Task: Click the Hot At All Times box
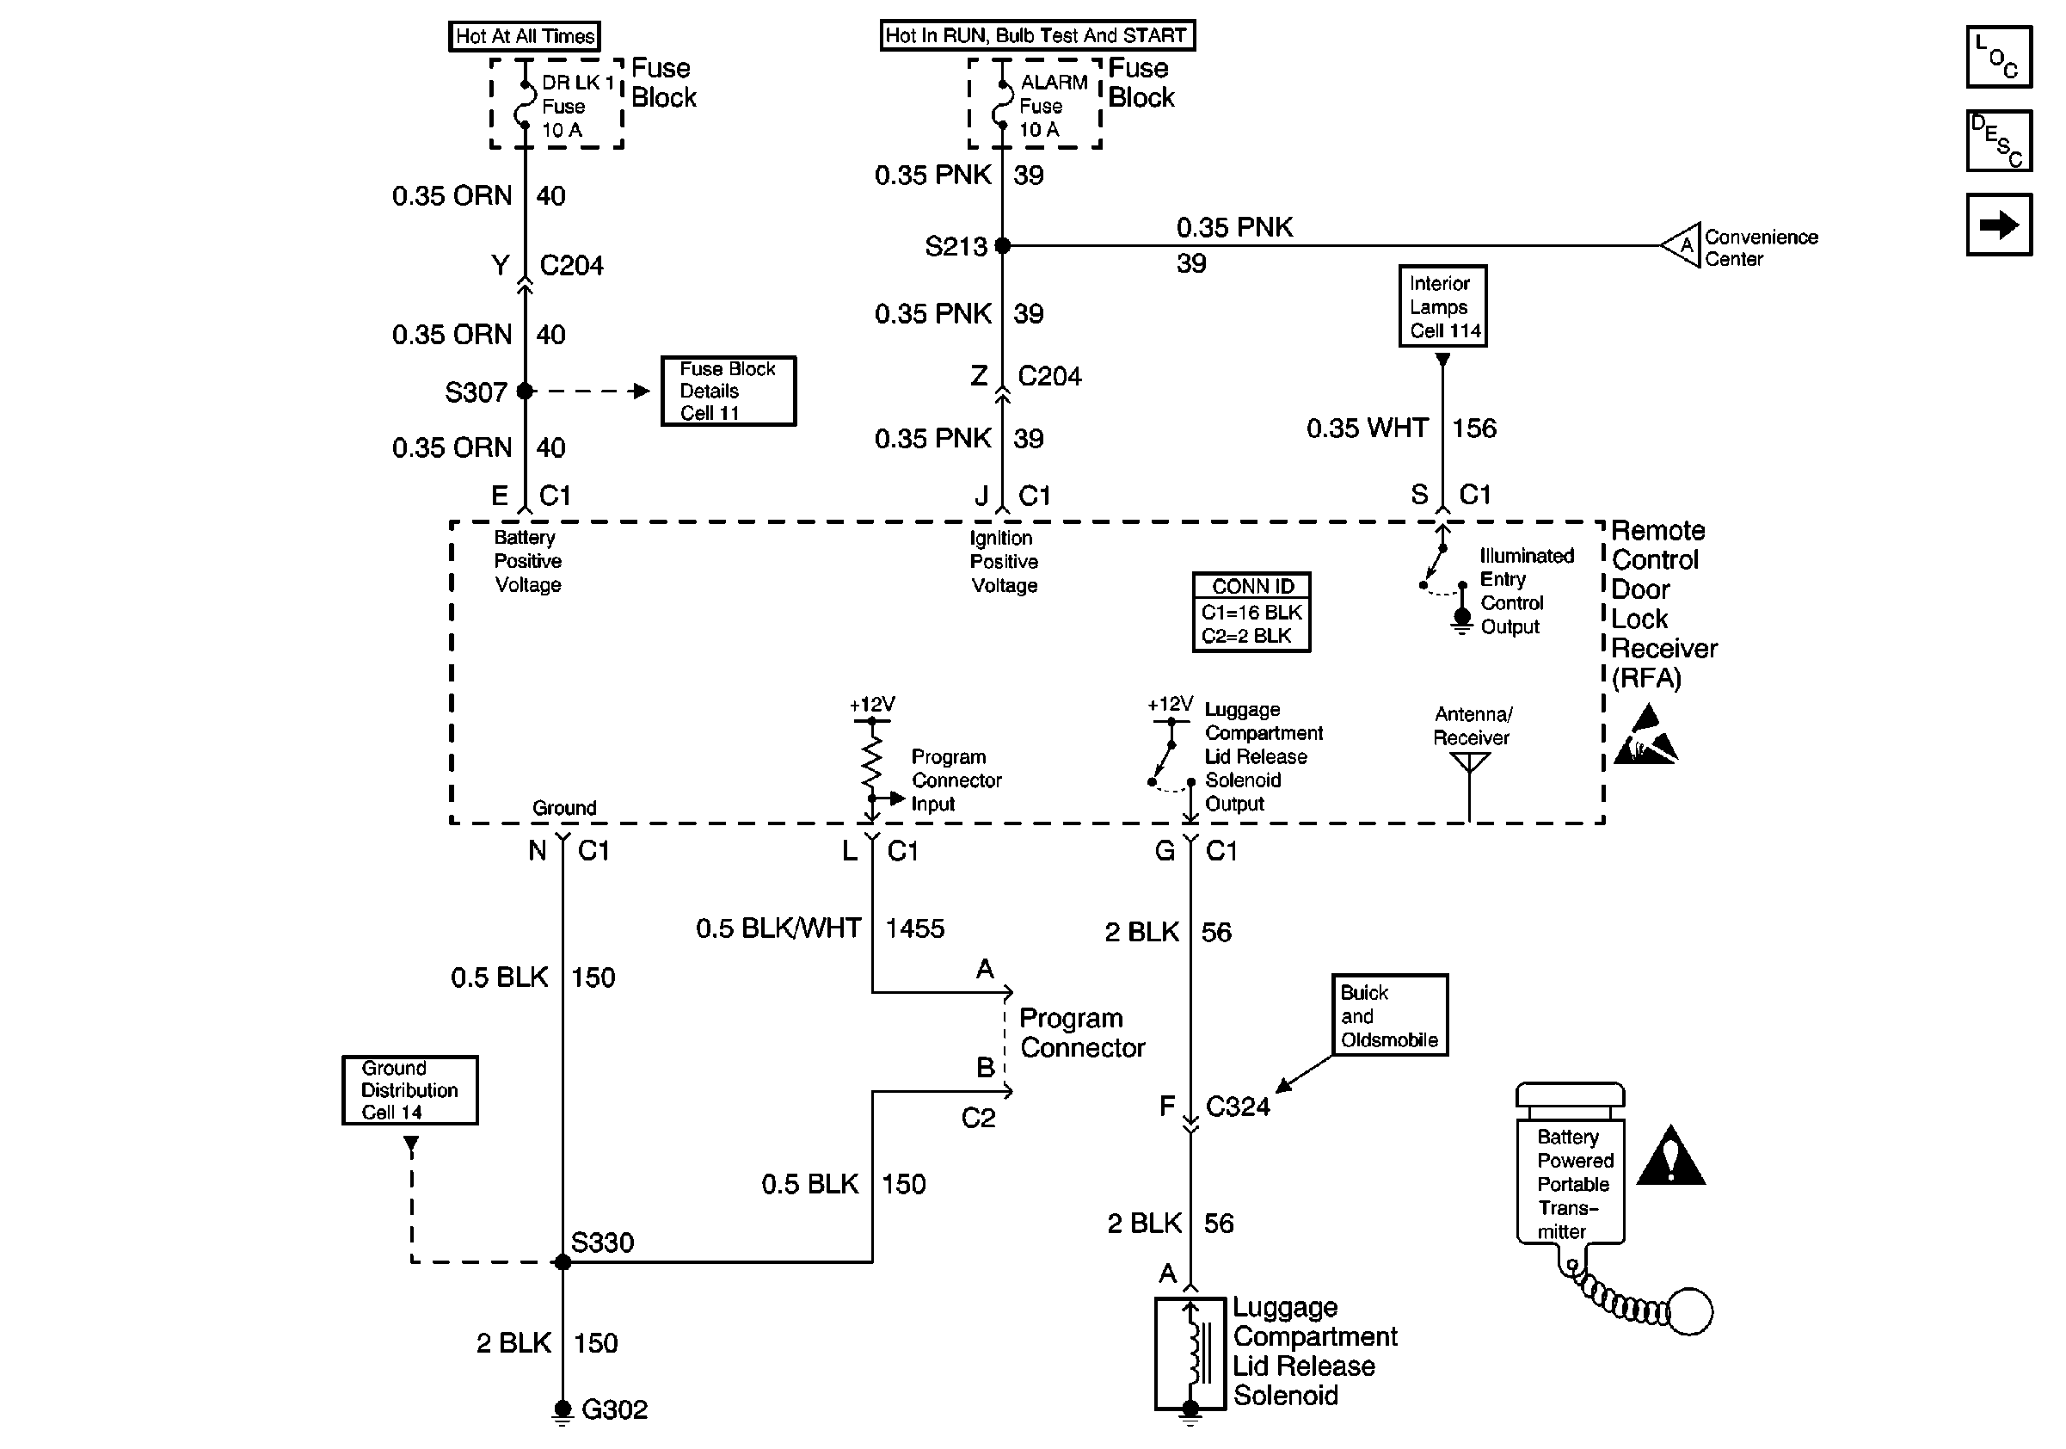tap(525, 36)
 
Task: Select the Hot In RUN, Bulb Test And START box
tap(1036, 36)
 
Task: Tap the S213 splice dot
tap(1002, 246)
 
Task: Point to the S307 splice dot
tap(526, 392)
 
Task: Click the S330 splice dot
tap(563, 1262)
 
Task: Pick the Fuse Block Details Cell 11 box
tap(728, 392)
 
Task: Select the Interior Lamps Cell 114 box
tap(1442, 306)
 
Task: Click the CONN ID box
tap(1251, 612)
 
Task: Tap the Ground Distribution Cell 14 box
tap(409, 1090)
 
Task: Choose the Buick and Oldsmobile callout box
tap(1389, 1015)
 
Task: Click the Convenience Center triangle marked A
tap(1682, 245)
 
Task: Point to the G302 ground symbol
tap(563, 1410)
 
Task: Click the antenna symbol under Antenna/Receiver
tap(1469, 765)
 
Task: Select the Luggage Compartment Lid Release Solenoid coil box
tap(1190, 1353)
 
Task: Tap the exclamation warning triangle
tap(1670, 1157)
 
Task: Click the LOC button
tap(1999, 58)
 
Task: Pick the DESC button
tap(1999, 140)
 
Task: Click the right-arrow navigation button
tap(1999, 225)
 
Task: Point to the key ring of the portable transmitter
tap(1689, 1311)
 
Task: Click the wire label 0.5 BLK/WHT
tap(778, 928)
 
